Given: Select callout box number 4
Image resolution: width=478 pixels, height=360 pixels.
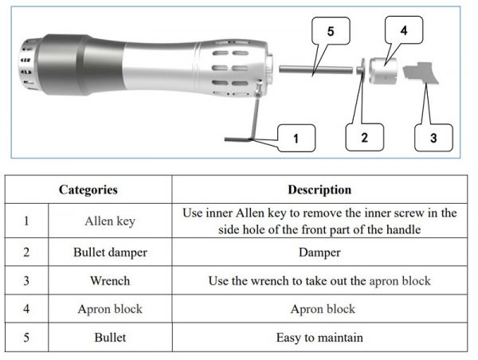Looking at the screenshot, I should pos(403,31).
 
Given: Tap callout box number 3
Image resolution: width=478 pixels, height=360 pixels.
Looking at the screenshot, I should pos(433,137).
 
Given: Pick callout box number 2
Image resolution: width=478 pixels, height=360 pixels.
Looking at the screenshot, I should pos(364,137).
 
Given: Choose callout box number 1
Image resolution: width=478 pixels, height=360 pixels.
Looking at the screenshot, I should pos(295,139).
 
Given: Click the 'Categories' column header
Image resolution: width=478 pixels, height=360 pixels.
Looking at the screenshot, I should pos(88,190).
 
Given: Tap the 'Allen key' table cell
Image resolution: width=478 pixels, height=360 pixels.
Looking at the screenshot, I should pos(110,221).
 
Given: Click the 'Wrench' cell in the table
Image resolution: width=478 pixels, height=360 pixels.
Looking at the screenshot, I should pos(110,281).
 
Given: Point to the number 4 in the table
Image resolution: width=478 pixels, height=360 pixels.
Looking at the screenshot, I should pos(27,309).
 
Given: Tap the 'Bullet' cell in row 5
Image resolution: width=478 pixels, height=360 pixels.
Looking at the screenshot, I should pos(110,338).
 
